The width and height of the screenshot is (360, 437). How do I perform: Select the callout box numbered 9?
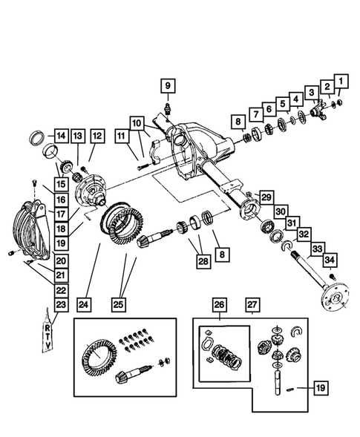coord(167,86)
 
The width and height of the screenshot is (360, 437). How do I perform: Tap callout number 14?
coord(59,136)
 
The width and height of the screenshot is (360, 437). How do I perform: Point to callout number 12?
coord(96,136)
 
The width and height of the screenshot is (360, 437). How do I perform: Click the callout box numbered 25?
coord(119,303)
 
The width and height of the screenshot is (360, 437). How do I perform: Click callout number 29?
coord(266,197)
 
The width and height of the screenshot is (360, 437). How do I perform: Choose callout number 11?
coord(120,136)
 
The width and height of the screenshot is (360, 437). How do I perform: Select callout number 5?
coord(283,103)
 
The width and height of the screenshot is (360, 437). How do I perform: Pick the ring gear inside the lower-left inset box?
coord(101,360)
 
